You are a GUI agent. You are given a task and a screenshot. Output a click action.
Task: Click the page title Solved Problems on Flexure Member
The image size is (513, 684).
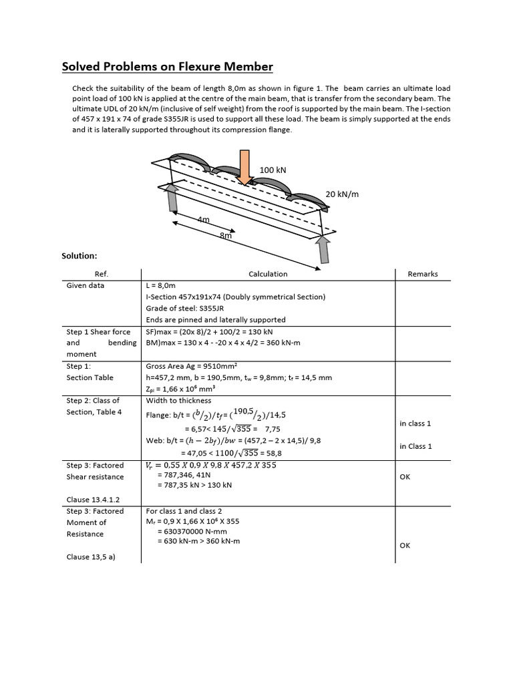click(x=167, y=67)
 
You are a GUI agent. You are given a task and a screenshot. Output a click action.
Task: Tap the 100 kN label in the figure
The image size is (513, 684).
click(x=273, y=170)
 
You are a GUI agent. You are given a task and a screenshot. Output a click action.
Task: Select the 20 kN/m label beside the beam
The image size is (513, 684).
click(x=342, y=194)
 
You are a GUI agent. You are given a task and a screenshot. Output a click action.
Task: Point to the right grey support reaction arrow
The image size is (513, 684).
click(x=323, y=249)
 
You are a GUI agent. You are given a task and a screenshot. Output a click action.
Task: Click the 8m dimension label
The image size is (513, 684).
click(x=226, y=236)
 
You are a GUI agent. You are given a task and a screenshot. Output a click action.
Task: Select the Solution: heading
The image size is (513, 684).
click(x=79, y=256)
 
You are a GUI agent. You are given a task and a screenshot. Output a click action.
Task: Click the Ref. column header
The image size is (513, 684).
click(x=102, y=274)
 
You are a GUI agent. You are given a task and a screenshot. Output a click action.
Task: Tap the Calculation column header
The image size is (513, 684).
click(x=268, y=274)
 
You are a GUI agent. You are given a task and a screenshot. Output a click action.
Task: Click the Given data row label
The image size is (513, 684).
click(x=85, y=285)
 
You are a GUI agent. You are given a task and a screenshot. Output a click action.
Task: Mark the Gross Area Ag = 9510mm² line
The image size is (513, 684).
click(x=188, y=366)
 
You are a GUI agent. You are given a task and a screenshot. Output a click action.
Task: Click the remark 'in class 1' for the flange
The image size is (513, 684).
click(x=415, y=423)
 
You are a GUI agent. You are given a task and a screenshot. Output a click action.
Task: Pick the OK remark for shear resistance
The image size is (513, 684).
click(x=405, y=477)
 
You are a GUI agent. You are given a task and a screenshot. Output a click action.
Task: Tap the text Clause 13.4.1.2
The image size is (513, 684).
click(x=93, y=500)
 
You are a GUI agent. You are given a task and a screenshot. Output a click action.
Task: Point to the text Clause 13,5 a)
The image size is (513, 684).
click(x=91, y=556)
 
